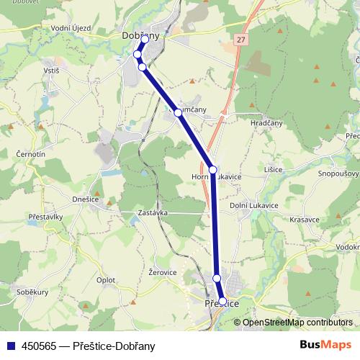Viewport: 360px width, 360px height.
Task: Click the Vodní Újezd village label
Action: pos(71,28)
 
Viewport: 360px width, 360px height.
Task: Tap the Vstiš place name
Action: pos(51,71)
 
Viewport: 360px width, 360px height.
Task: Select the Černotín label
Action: pos(32,154)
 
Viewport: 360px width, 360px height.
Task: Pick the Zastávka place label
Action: pos(153,213)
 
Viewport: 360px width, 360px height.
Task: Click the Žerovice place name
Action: pos(162,272)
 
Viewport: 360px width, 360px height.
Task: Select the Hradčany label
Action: pos(266,123)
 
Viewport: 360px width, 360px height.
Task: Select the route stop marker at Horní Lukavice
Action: pos(212,170)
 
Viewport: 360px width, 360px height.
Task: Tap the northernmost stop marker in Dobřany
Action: pos(144,40)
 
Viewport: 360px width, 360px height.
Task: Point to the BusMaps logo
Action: pos(325,345)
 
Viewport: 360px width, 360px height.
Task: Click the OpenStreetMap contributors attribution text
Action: pos(297,322)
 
